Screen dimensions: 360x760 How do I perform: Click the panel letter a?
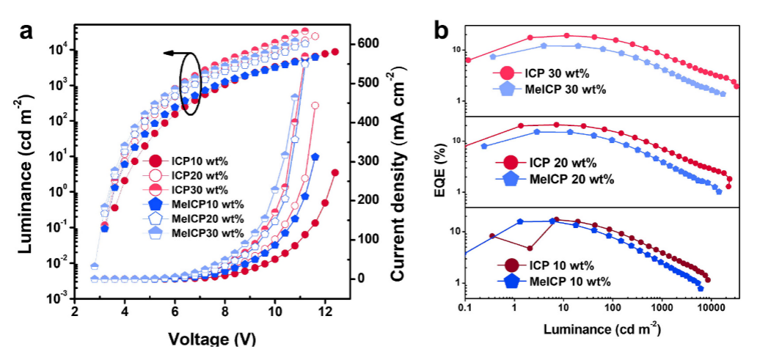pyautogui.click(x=27, y=32)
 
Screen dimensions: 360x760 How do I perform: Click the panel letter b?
pyautogui.click(x=442, y=30)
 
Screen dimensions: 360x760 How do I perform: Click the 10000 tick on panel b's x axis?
pyautogui.click(x=709, y=310)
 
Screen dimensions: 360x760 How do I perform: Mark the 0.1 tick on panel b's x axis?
pyautogui.click(x=464, y=310)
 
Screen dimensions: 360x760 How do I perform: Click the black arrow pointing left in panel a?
pyautogui.click(x=174, y=54)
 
